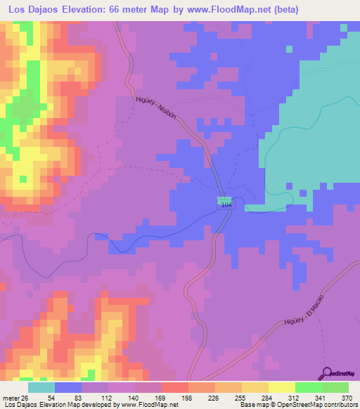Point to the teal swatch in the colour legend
[x=41, y=387]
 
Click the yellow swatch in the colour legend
[x=282, y=387]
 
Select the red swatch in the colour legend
[x=174, y=387]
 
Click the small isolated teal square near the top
[x=288, y=48]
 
